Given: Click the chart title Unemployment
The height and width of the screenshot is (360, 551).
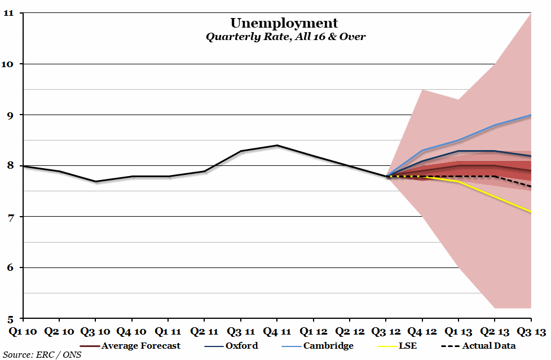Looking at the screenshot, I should pos(284,23).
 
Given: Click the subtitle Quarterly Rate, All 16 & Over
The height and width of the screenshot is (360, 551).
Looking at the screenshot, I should pos(285,37).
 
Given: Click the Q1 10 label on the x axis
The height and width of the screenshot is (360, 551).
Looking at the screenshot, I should pos(23,332).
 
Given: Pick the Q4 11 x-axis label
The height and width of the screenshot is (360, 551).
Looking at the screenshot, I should pos(276,332).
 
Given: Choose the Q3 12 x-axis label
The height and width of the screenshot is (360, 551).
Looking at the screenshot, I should pos(386,332).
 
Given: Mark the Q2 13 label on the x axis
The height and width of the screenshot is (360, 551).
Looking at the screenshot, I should pos(495,332).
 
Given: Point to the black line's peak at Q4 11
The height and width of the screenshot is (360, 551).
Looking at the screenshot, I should pos(276,146).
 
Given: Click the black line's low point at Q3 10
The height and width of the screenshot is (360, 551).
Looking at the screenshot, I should pos(95,182).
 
